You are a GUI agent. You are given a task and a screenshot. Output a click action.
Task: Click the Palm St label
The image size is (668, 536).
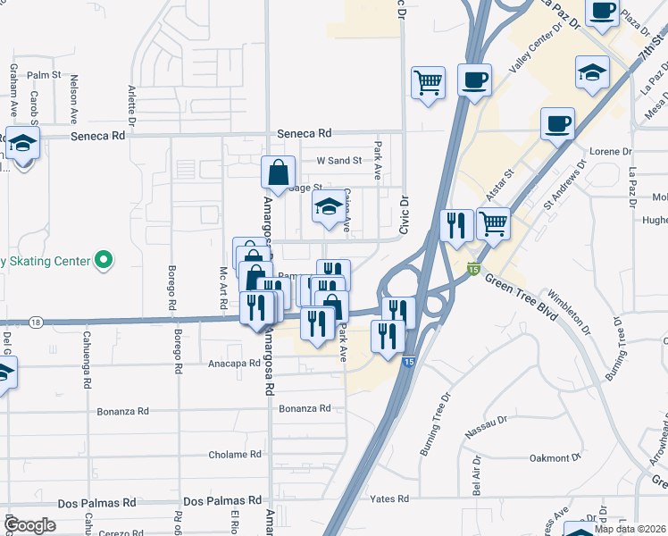43,76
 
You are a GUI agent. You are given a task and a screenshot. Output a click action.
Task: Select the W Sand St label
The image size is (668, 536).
338,161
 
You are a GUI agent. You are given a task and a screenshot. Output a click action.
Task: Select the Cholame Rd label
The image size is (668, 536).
235,455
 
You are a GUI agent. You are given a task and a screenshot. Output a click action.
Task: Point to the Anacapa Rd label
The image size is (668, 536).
234,364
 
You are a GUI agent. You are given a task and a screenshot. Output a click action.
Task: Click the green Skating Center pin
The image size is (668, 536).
104,261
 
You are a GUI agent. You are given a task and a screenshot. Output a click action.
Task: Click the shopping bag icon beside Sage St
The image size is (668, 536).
278,172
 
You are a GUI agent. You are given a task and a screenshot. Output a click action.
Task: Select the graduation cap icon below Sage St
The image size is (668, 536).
329,207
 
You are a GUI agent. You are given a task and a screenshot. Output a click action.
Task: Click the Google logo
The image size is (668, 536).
30,525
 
